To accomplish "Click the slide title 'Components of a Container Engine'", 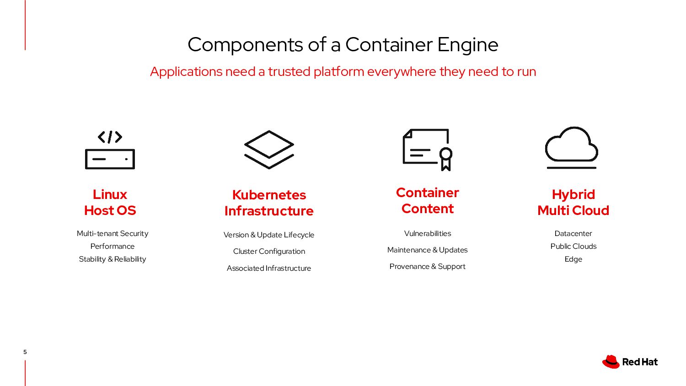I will coord(343,45).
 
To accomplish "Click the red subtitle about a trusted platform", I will coord(343,72).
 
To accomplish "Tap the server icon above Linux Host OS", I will coord(110,150).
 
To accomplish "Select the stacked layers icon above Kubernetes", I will coord(269,150).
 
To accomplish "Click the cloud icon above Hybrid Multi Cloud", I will coord(572,147).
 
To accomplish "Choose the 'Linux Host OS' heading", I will coord(110,202).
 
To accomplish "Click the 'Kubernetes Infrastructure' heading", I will coord(269,203).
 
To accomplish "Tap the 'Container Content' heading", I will coord(428,200).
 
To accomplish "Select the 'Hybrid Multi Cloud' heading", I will coord(573,202).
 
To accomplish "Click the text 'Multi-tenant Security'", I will coord(113,233).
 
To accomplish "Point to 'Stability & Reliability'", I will coord(113,259).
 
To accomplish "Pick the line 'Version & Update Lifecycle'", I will coord(269,235).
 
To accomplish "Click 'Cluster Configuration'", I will coord(269,251).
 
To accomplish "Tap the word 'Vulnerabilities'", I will coord(428,233).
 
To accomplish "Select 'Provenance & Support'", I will coord(428,266).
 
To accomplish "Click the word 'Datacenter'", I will coord(573,233).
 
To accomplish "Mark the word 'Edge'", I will coord(573,259).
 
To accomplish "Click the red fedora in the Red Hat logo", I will coord(611,362).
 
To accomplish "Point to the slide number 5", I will coord(25,352).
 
